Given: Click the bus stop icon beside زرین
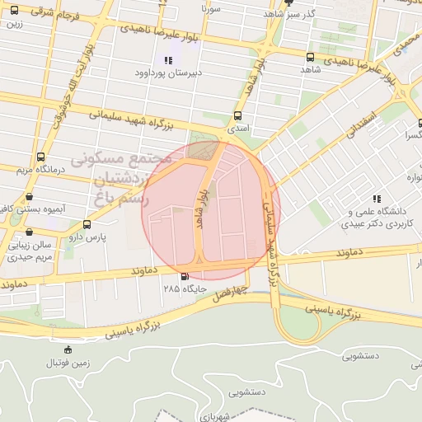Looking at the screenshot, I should click(x=14, y=10).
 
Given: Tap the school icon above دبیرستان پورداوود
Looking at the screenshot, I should click(x=168, y=59).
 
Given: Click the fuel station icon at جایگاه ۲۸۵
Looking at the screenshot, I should click(x=183, y=276).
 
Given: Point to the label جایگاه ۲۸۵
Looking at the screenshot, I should click(x=183, y=289).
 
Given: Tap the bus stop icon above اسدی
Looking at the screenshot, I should click(x=238, y=115).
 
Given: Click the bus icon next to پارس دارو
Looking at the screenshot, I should click(x=87, y=223).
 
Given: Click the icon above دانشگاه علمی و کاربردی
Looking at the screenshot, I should click(x=377, y=199).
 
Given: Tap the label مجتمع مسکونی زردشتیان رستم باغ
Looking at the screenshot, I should click(x=121, y=177).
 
